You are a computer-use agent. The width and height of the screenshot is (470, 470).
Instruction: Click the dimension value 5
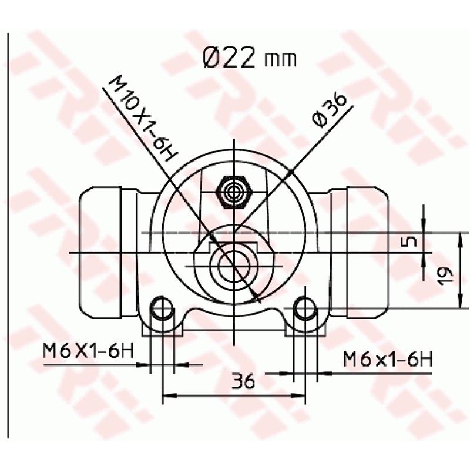(411, 241)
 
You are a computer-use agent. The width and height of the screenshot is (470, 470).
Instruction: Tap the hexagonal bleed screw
(234, 190)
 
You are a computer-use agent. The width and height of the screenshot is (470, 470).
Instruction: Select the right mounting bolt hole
(305, 307)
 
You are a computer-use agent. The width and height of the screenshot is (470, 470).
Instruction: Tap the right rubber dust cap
(367, 253)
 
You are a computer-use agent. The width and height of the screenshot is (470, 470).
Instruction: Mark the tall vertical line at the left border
(8, 235)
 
